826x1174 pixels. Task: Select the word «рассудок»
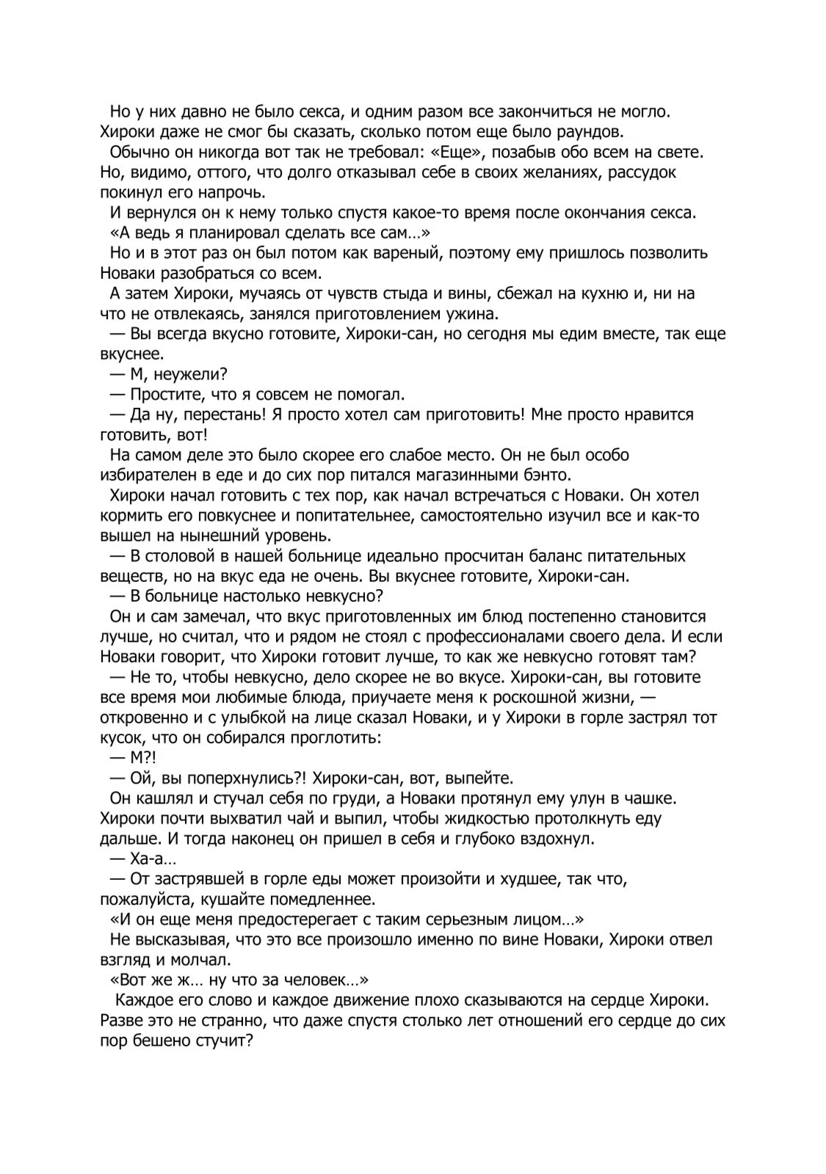(642, 172)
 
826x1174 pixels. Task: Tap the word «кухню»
(576, 293)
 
